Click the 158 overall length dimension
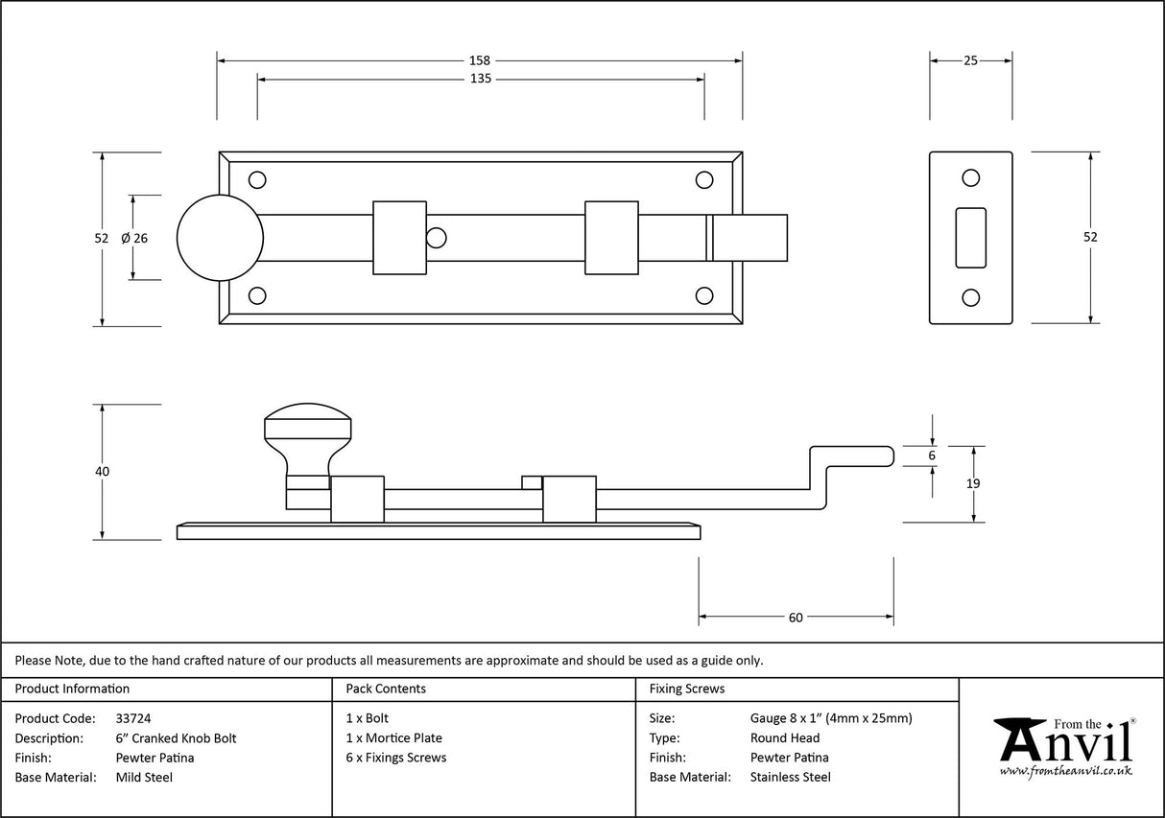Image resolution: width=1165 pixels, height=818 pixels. [x=481, y=60]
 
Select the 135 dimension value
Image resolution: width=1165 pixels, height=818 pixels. [x=481, y=80]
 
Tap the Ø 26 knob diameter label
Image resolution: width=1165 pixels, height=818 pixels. [x=135, y=238]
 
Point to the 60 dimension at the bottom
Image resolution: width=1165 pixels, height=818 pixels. [x=796, y=618]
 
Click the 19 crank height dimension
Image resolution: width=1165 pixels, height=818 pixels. [x=973, y=484]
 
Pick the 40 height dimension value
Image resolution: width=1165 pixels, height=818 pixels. [x=103, y=472]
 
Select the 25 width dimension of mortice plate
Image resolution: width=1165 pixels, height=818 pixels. [x=970, y=60]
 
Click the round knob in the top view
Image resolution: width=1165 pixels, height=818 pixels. [x=220, y=238]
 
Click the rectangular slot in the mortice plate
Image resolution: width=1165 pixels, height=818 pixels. [x=971, y=237]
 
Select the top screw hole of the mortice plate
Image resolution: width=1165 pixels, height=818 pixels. [x=971, y=177]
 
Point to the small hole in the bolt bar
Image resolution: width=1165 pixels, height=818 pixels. [x=437, y=237]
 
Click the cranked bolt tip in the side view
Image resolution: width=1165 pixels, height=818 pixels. [x=854, y=456]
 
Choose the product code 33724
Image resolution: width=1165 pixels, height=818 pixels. [x=132, y=718]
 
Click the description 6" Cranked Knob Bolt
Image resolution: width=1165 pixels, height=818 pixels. [x=176, y=738]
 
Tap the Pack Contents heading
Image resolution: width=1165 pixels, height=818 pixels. [x=386, y=689]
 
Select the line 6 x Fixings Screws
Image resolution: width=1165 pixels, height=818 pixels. [x=395, y=758]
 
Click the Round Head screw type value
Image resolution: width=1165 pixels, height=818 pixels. [x=785, y=738]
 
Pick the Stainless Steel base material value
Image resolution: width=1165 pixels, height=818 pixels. [x=791, y=778]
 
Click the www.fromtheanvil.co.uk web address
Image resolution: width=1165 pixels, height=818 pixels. [x=1065, y=771]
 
